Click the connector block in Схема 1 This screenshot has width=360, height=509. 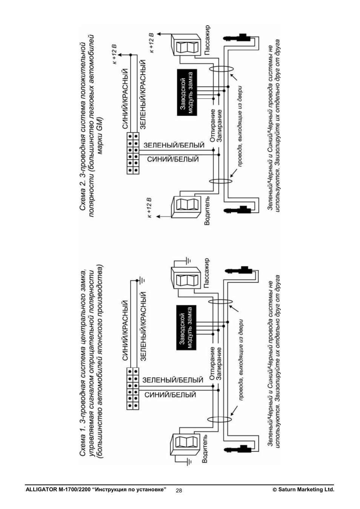click(133, 388)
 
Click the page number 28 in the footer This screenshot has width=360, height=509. click(178, 491)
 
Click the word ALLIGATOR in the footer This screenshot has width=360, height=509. click(41, 490)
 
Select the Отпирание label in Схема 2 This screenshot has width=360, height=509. click(213, 126)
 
